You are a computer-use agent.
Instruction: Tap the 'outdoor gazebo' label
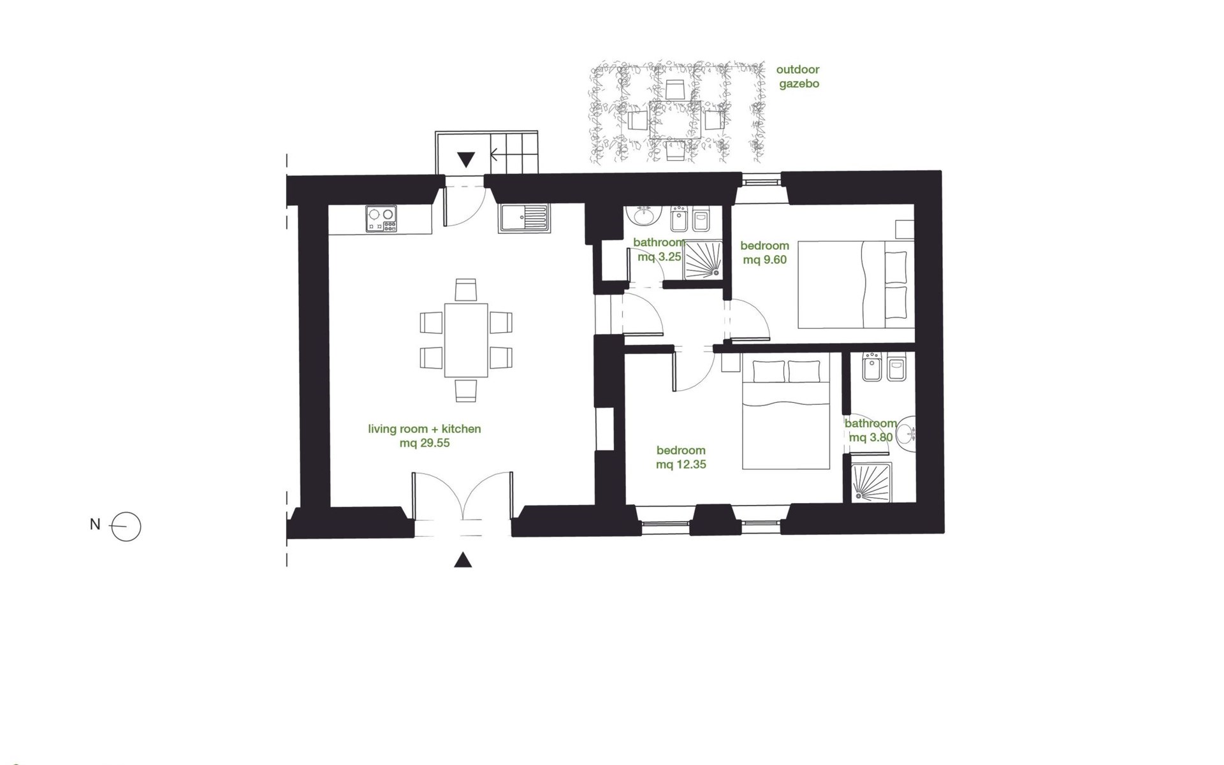(x=798, y=76)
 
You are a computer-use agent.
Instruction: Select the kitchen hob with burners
(x=381, y=219)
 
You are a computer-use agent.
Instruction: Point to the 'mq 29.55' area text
(x=425, y=443)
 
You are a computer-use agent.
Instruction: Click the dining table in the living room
(x=466, y=340)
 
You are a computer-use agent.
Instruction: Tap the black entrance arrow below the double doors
(x=463, y=560)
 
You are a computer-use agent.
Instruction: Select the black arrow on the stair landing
(x=466, y=159)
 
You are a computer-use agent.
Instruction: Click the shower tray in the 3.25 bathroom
(x=703, y=259)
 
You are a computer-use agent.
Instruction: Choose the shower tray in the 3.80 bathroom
(x=871, y=482)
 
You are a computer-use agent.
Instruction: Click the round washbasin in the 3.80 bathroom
(x=905, y=436)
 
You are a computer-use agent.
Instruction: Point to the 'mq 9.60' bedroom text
(x=764, y=260)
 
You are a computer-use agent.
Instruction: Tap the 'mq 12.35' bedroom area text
(x=681, y=465)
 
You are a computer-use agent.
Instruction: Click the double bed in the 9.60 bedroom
(x=856, y=284)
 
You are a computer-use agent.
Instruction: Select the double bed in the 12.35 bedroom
(x=786, y=413)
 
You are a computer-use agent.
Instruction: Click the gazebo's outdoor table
(x=675, y=120)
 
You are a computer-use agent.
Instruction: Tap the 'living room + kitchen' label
(x=425, y=429)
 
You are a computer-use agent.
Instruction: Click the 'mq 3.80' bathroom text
(x=871, y=438)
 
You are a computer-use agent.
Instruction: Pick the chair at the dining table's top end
(x=466, y=289)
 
